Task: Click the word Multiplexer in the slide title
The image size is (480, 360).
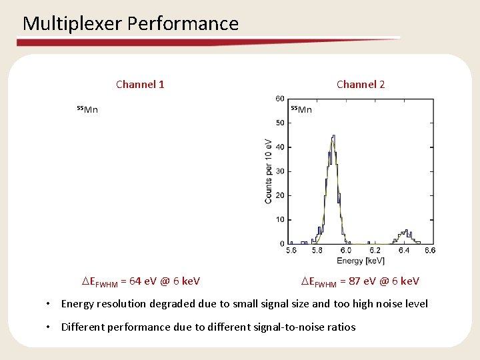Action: click(72, 24)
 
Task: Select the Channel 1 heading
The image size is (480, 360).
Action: click(140, 84)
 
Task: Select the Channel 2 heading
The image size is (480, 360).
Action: click(361, 84)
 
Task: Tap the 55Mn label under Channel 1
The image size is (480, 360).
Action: click(87, 109)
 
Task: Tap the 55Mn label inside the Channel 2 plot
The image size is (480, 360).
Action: click(301, 109)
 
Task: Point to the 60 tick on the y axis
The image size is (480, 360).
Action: click(281, 99)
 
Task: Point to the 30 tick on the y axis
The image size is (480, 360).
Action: click(281, 171)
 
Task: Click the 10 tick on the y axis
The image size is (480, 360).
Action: click(281, 220)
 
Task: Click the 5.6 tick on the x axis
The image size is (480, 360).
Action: click(291, 251)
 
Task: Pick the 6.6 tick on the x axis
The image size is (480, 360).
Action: click(430, 251)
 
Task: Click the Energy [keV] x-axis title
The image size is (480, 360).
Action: click(361, 260)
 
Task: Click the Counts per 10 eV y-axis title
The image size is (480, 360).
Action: click(268, 171)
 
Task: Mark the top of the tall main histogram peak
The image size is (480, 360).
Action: click(333, 137)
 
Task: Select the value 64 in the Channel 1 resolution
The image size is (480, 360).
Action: click(136, 281)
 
